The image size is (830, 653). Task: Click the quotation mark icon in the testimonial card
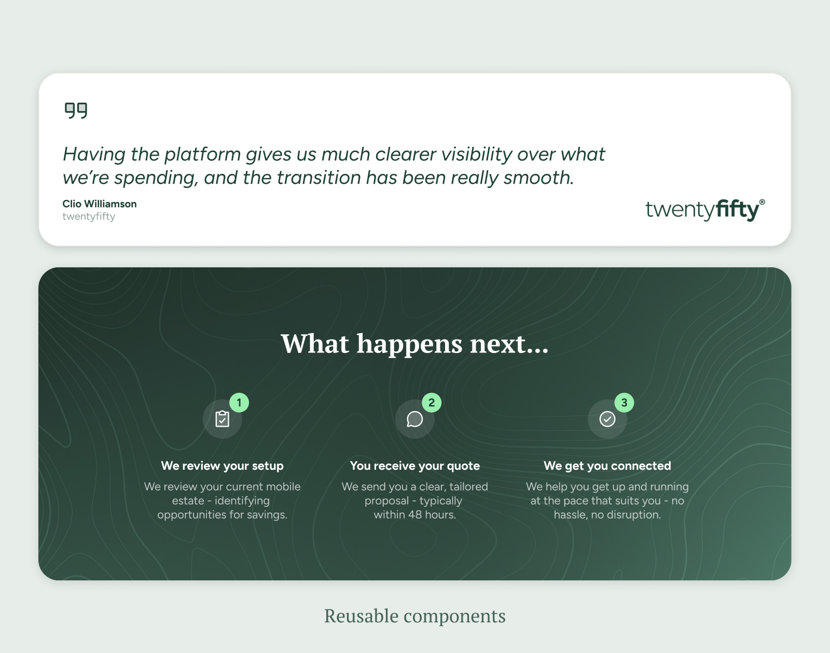[x=76, y=111]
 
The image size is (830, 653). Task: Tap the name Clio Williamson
[x=100, y=204]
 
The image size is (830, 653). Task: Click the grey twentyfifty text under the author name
[x=89, y=216]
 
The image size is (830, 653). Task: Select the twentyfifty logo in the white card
[x=705, y=210]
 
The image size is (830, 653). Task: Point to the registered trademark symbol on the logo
[x=762, y=202]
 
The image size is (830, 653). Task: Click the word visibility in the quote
[x=476, y=154]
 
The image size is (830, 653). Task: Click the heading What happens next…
[x=414, y=344]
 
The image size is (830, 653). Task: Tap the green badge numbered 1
[x=239, y=402]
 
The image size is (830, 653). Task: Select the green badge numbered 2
[x=432, y=402]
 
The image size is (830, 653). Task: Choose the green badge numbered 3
[x=624, y=402]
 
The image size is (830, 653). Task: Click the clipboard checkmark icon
[x=222, y=419]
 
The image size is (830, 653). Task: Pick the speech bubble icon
[x=414, y=419]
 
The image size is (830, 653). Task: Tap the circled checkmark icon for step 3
[x=607, y=419]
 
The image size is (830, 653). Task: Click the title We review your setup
[x=222, y=466]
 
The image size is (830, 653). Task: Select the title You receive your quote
[x=414, y=466]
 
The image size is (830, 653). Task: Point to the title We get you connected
[x=607, y=466]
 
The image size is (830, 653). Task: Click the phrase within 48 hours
[x=414, y=515]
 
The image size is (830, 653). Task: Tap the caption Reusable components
[x=414, y=616]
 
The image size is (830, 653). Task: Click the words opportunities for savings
[x=222, y=515]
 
